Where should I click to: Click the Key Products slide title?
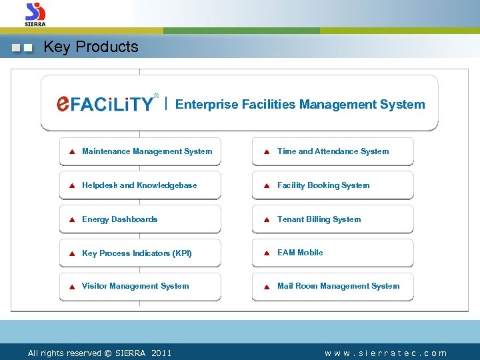91,47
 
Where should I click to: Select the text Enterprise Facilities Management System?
299,104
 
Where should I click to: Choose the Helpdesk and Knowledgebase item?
139,185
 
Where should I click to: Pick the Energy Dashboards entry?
119,219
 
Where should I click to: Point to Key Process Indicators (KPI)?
137,253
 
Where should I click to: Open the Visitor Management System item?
135,286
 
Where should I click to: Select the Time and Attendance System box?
333,151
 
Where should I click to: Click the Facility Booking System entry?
323,185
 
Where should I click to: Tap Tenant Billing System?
319,219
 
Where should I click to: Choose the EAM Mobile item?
300,253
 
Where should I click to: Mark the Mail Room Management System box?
338,286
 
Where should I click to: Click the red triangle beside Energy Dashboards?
71,220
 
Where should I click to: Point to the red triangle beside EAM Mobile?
266,253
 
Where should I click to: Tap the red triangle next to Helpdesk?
71,186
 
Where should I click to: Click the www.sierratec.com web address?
386,353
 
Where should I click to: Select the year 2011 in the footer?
161,353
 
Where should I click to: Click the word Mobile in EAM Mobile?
310,253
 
